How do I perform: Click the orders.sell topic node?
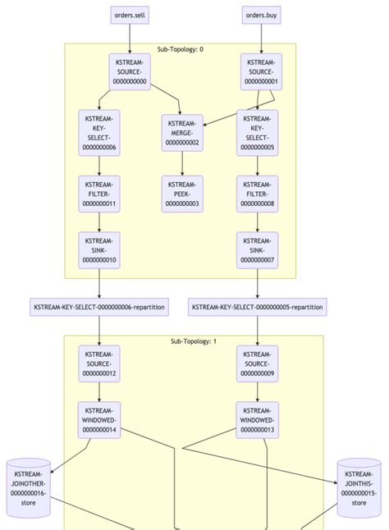(130, 15)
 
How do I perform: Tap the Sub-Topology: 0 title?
(181, 49)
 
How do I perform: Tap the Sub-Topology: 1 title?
(194, 340)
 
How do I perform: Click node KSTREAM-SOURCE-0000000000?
(130, 71)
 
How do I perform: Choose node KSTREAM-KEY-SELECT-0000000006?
(99, 132)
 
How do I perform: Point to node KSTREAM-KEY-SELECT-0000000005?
(258, 132)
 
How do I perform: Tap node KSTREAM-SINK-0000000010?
(99, 249)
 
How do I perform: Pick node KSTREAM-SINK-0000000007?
(258, 249)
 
